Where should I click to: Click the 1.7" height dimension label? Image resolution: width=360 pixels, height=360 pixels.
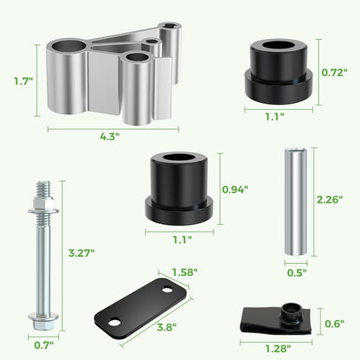(23, 81)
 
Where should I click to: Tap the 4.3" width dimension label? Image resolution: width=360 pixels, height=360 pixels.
(110, 137)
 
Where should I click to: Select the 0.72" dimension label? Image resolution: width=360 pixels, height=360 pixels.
(335, 73)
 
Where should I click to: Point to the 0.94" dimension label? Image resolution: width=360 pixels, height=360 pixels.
(235, 190)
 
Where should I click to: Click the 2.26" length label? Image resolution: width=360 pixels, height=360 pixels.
(330, 199)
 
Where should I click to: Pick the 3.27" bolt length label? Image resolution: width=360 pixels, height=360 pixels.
(81, 253)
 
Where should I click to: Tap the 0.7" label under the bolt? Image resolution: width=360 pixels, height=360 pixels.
(44, 345)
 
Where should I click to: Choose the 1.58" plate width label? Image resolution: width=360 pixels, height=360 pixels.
(184, 272)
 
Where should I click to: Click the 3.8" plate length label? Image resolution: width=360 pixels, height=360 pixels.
(167, 327)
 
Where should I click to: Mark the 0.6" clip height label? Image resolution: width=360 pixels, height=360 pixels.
(335, 324)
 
